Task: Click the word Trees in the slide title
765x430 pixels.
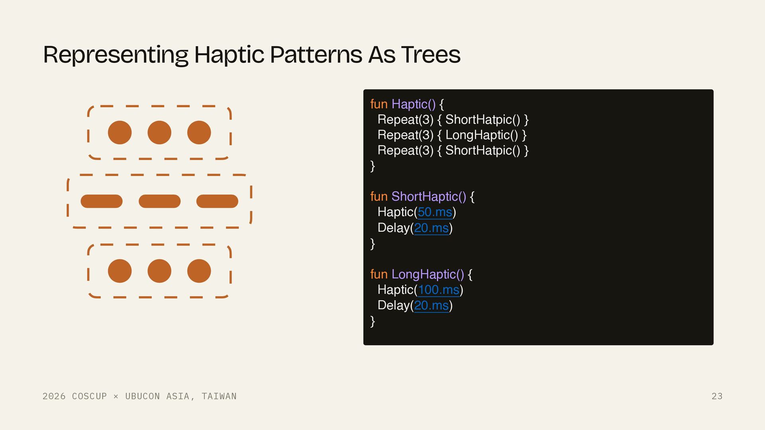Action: click(x=431, y=55)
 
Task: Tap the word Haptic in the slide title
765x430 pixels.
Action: click(x=229, y=55)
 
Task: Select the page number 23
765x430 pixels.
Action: click(x=717, y=396)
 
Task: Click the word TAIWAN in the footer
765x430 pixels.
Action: click(x=219, y=396)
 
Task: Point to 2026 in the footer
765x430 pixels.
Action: click(x=54, y=396)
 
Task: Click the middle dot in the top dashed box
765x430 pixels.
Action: click(x=159, y=133)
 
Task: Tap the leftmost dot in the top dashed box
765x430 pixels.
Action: click(x=120, y=133)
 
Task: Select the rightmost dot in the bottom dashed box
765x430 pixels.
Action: click(x=199, y=271)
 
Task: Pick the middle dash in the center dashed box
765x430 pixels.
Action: click(x=159, y=201)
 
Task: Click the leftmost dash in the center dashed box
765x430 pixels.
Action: click(x=102, y=201)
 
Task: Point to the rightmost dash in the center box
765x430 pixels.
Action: click(x=217, y=201)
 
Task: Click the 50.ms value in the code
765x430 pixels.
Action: click(x=435, y=212)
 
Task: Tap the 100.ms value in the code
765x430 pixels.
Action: click(x=439, y=290)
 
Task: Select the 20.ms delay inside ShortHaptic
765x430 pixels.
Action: click(x=432, y=228)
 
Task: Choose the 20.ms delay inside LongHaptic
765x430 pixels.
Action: click(x=432, y=305)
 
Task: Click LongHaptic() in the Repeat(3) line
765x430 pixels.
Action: click(x=482, y=135)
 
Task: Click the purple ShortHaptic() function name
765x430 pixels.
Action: click(x=429, y=197)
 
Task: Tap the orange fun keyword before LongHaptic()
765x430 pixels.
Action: click(x=379, y=274)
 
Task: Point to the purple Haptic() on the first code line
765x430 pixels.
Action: click(x=414, y=104)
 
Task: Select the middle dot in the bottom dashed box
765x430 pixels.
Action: click(x=159, y=271)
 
